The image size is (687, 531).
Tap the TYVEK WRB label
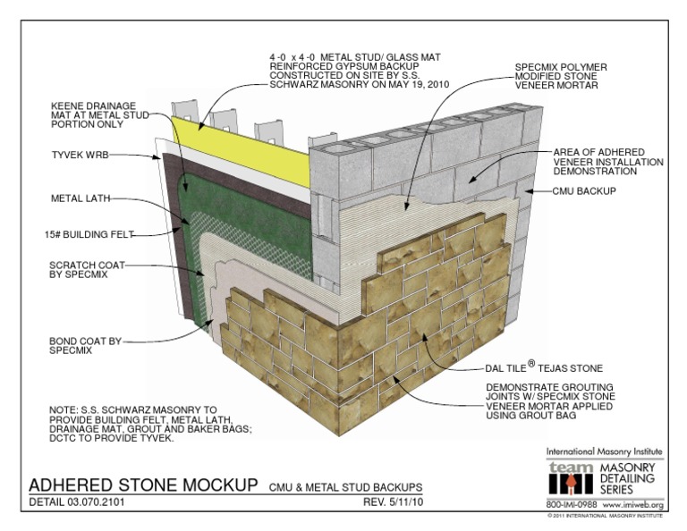tap(82, 155)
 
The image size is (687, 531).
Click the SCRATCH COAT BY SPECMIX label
tap(88, 270)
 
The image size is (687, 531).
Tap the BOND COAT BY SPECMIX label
tap(85, 346)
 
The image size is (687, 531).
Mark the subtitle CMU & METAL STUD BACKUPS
tap(346, 486)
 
